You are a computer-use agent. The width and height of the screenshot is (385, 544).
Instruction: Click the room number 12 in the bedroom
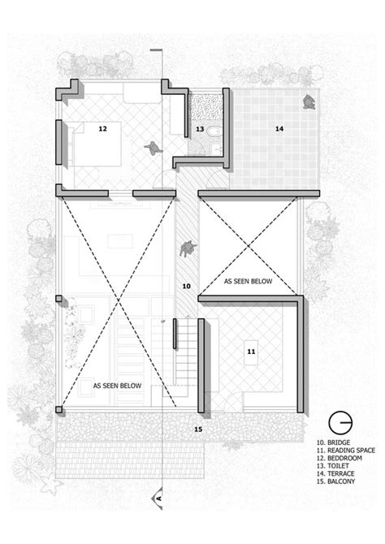103,128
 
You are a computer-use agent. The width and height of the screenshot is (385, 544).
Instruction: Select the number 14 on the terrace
278,127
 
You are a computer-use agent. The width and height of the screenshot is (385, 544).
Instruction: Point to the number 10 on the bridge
186,286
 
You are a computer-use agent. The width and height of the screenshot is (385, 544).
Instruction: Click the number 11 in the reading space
251,351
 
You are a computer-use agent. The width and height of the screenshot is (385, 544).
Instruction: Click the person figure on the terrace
309,101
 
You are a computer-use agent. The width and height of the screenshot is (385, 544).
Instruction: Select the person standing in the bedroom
151,148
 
